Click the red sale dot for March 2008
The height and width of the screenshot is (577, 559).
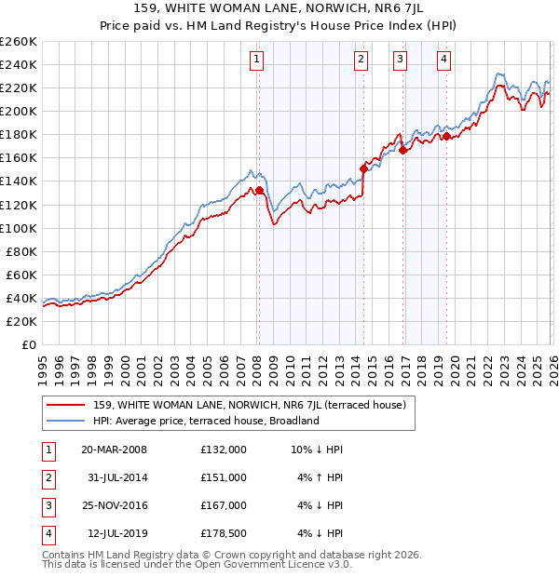tap(260, 191)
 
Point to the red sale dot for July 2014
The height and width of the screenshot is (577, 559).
tap(363, 168)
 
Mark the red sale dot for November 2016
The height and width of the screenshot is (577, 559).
tap(402, 150)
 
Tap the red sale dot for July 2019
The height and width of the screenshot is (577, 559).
tap(446, 136)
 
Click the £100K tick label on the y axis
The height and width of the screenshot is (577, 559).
tap(18, 228)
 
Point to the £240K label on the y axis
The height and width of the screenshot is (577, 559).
tap(18, 64)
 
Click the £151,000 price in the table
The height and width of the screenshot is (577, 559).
tap(224, 477)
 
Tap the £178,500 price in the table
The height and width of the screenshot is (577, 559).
tap(224, 533)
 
